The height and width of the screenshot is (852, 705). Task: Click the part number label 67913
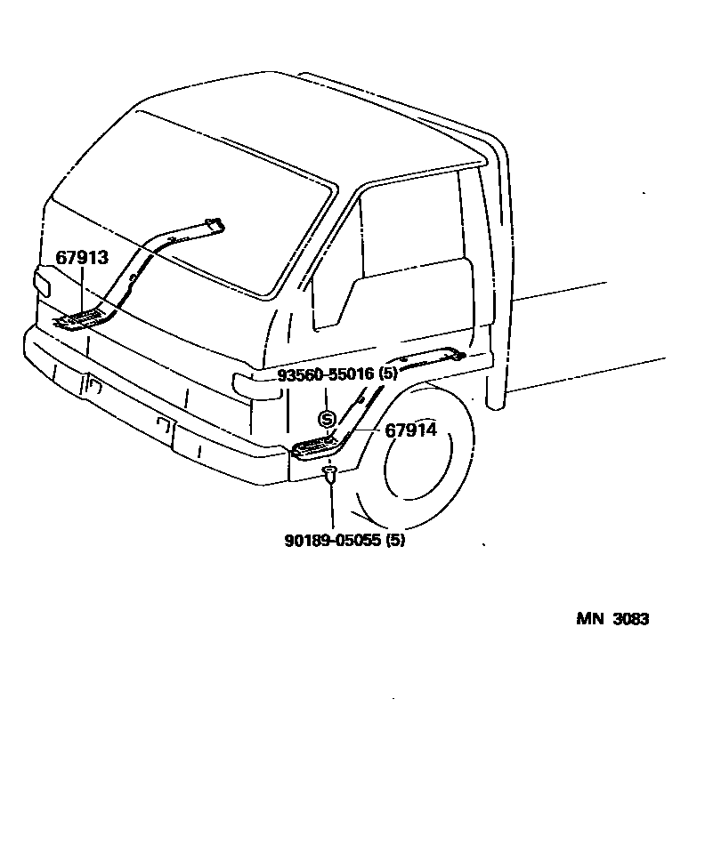click(82, 258)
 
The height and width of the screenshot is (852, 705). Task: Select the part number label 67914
click(410, 430)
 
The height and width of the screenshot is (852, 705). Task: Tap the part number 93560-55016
click(326, 374)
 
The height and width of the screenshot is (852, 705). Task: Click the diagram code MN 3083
click(612, 619)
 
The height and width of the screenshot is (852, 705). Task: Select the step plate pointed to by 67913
click(83, 319)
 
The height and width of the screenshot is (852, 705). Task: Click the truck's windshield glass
click(196, 222)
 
